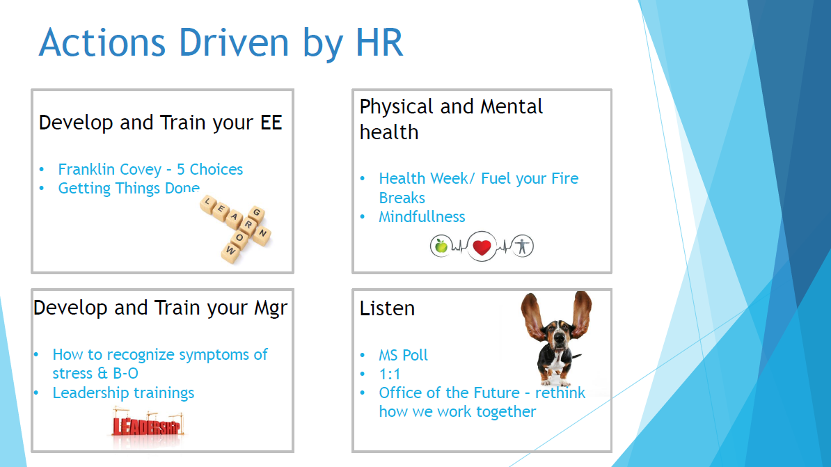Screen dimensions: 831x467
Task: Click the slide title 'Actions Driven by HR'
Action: coord(221,43)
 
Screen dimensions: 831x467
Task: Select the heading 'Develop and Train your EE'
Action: coord(160,123)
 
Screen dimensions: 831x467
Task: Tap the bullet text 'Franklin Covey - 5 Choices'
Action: coord(150,169)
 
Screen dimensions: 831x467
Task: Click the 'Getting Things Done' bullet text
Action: coord(129,188)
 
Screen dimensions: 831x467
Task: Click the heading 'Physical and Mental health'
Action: coord(451,119)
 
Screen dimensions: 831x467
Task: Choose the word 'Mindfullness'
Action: coord(422,217)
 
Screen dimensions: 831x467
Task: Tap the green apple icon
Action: coord(441,246)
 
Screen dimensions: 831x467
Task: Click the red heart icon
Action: coord(482,247)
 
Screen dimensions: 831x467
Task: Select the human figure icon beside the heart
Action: coord(523,246)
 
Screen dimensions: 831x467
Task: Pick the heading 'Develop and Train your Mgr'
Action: coord(160,308)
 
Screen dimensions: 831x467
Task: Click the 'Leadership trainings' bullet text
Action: coord(123,393)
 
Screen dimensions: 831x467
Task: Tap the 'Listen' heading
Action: coord(387,308)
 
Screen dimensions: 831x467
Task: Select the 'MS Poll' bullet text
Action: coord(403,355)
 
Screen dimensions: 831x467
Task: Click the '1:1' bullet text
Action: coord(390,374)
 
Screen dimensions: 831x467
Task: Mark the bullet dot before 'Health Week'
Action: coord(363,179)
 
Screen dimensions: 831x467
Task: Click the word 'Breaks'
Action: coord(402,198)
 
